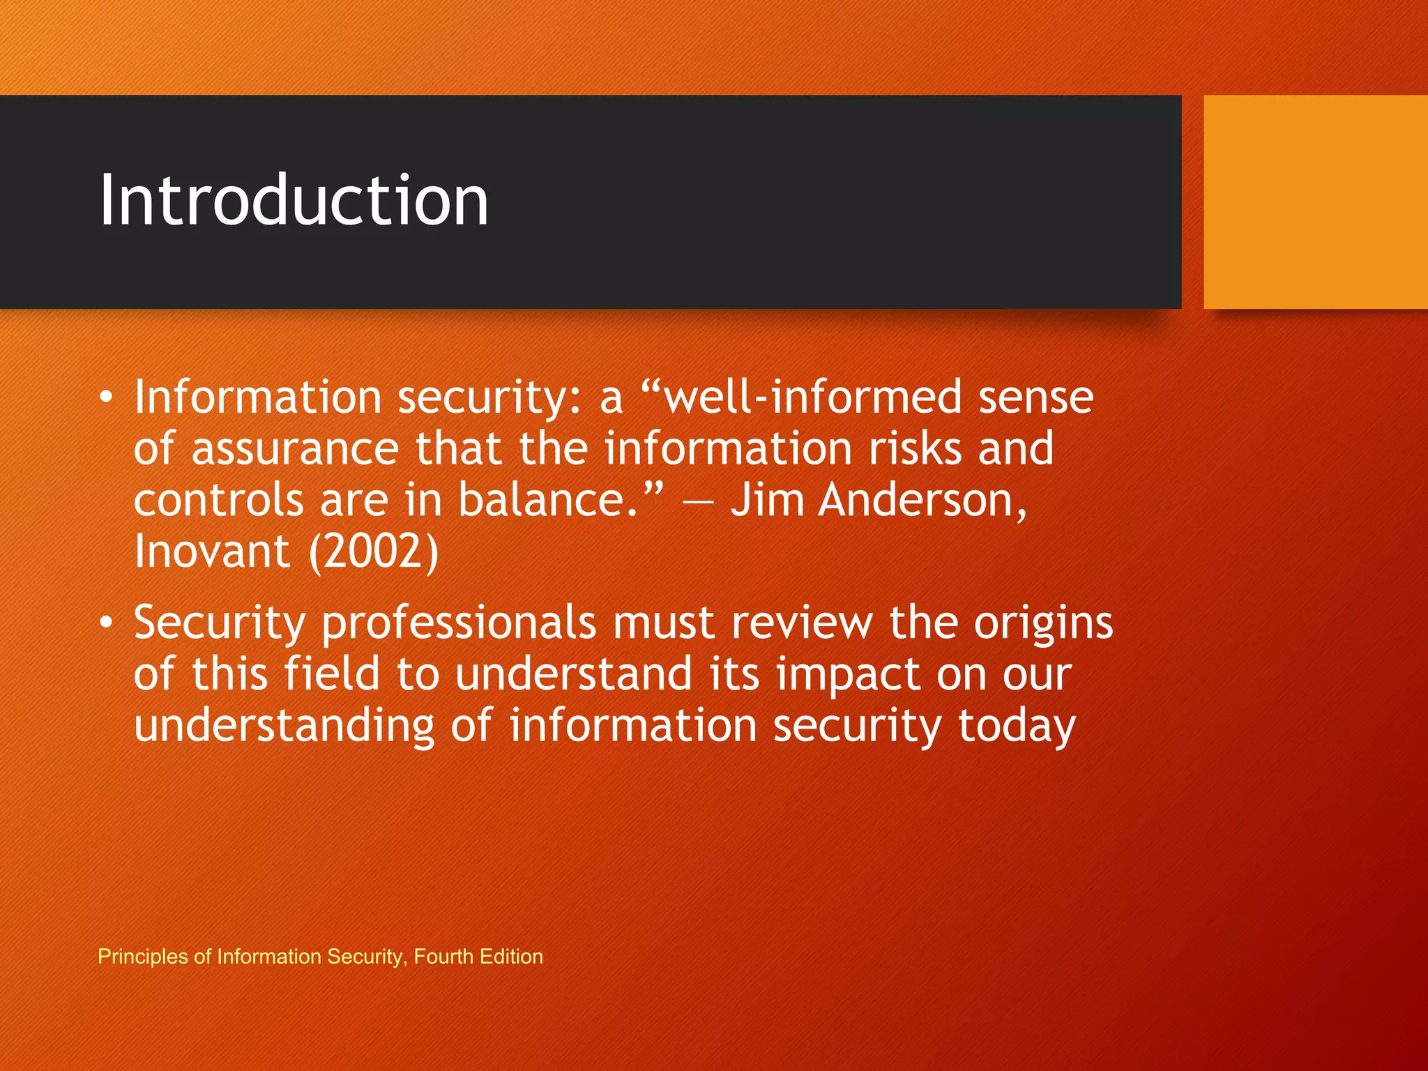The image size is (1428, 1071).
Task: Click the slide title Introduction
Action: click(294, 201)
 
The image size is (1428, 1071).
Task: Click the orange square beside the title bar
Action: click(1315, 202)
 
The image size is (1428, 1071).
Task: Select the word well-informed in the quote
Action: click(812, 397)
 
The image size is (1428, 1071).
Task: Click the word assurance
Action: click(295, 450)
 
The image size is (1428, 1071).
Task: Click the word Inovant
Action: click(212, 552)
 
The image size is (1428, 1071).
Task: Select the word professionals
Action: click(459, 623)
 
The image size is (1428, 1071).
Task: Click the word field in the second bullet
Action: click(331, 674)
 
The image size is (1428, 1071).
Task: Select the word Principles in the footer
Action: click(143, 956)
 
